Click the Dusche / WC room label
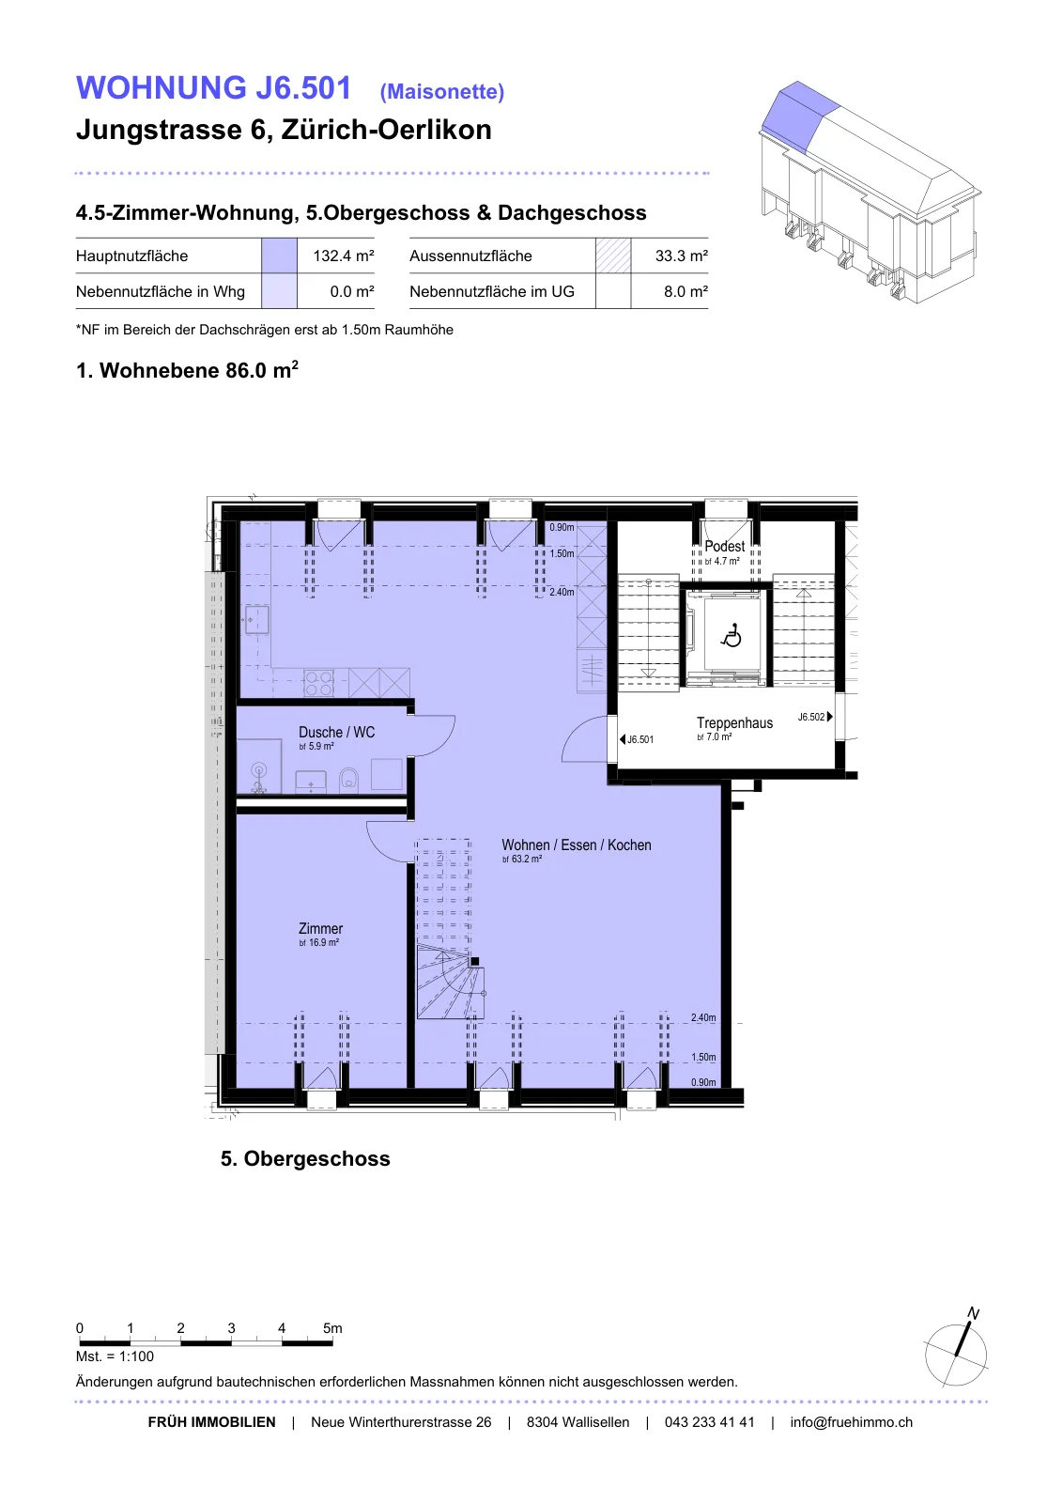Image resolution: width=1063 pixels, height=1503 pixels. click(x=337, y=732)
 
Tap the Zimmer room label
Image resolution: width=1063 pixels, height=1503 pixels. click(x=320, y=928)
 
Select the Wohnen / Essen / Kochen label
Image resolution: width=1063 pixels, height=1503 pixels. click(x=576, y=844)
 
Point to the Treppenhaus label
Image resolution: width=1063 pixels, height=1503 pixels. click(x=734, y=722)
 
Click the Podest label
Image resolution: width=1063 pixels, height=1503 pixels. click(x=724, y=546)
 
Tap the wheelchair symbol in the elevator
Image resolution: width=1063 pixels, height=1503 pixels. click(x=731, y=635)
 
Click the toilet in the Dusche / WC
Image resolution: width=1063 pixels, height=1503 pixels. click(x=348, y=779)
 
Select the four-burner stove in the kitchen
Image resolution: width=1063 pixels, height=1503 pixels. click(x=318, y=683)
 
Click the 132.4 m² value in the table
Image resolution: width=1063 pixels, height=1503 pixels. click(x=344, y=256)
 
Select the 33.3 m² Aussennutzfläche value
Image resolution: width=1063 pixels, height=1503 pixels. click(x=682, y=256)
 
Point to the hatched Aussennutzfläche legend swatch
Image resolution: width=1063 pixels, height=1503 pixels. click(x=613, y=256)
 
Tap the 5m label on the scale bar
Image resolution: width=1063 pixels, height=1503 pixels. click(x=332, y=1328)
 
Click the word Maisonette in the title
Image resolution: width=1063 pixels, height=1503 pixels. click(x=442, y=91)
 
